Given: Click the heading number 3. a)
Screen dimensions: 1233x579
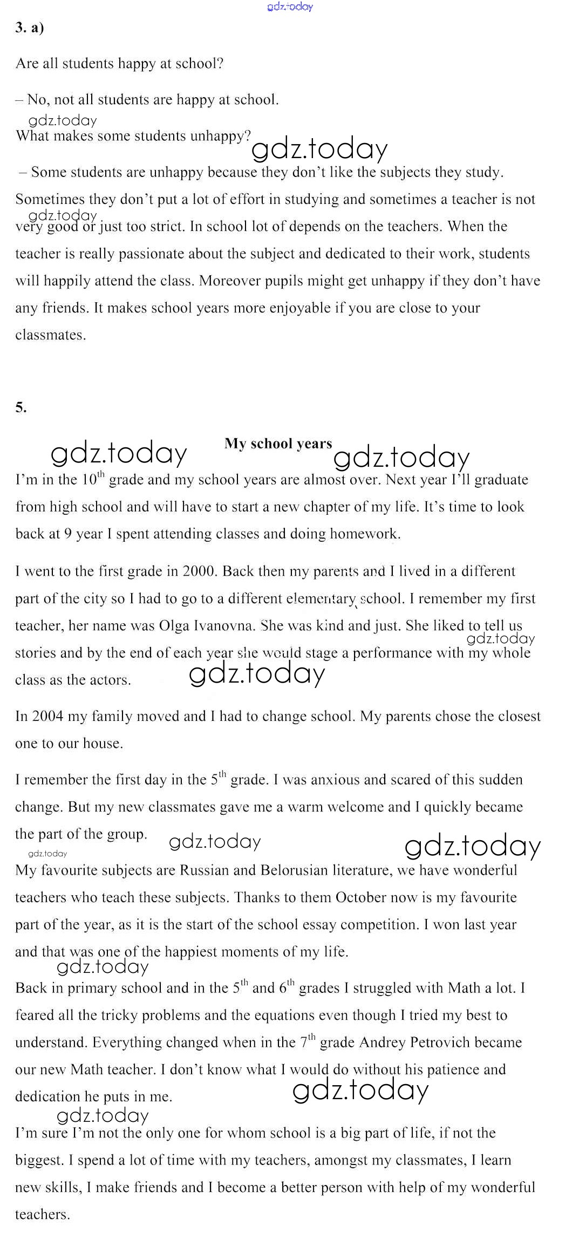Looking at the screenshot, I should (x=29, y=29).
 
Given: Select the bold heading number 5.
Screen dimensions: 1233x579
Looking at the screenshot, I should (x=21, y=408).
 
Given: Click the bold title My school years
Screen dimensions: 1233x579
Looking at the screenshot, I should (x=278, y=444).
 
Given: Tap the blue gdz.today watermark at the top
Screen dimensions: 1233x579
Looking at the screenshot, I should (x=290, y=7).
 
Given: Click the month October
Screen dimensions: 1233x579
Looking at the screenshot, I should (x=360, y=898).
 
